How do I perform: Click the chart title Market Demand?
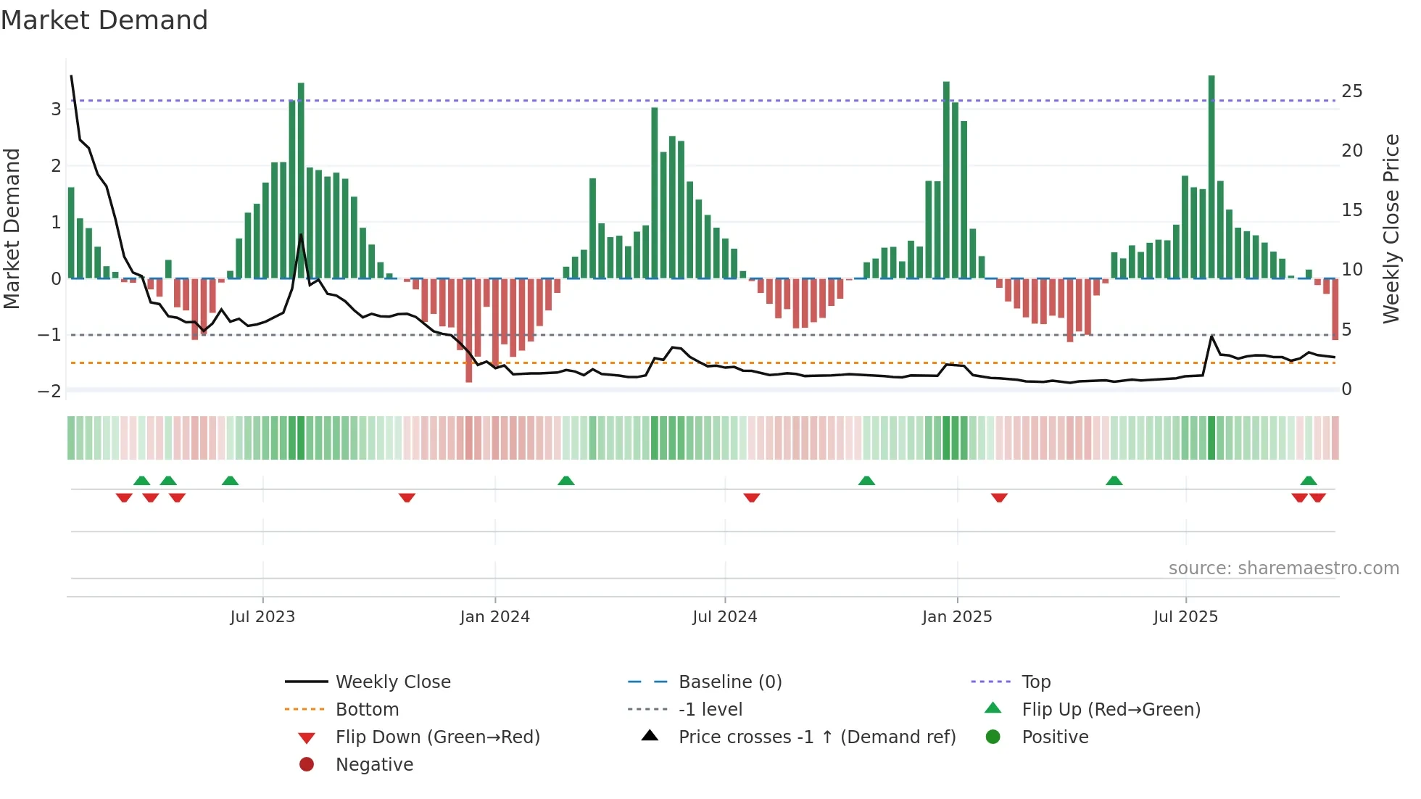(104, 20)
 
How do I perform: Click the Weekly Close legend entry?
(392, 682)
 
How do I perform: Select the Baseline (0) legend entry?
(729, 682)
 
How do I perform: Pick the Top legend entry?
(1035, 682)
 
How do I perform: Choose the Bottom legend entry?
(367, 709)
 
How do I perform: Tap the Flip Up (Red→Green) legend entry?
(1111, 709)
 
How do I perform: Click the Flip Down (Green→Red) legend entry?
(437, 737)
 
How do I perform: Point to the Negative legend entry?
(374, 764)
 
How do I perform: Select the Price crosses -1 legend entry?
(816, 737)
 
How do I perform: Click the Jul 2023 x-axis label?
(262, 617)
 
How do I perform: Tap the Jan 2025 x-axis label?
(957, 617)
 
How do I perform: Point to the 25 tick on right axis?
(1351, 91)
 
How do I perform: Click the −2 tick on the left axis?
(49, 392)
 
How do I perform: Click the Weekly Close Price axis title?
(1391, 228)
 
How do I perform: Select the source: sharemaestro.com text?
(1283, 568)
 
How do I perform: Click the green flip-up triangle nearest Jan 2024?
(566, 481)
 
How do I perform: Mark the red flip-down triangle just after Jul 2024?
(752, 497)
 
